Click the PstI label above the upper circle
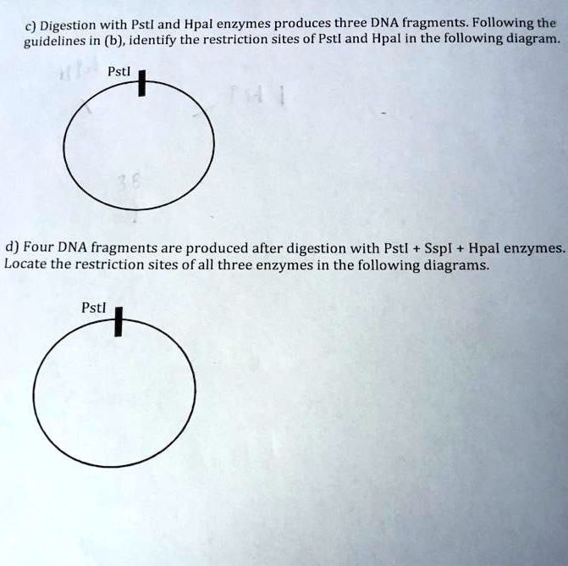coord(120,73)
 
